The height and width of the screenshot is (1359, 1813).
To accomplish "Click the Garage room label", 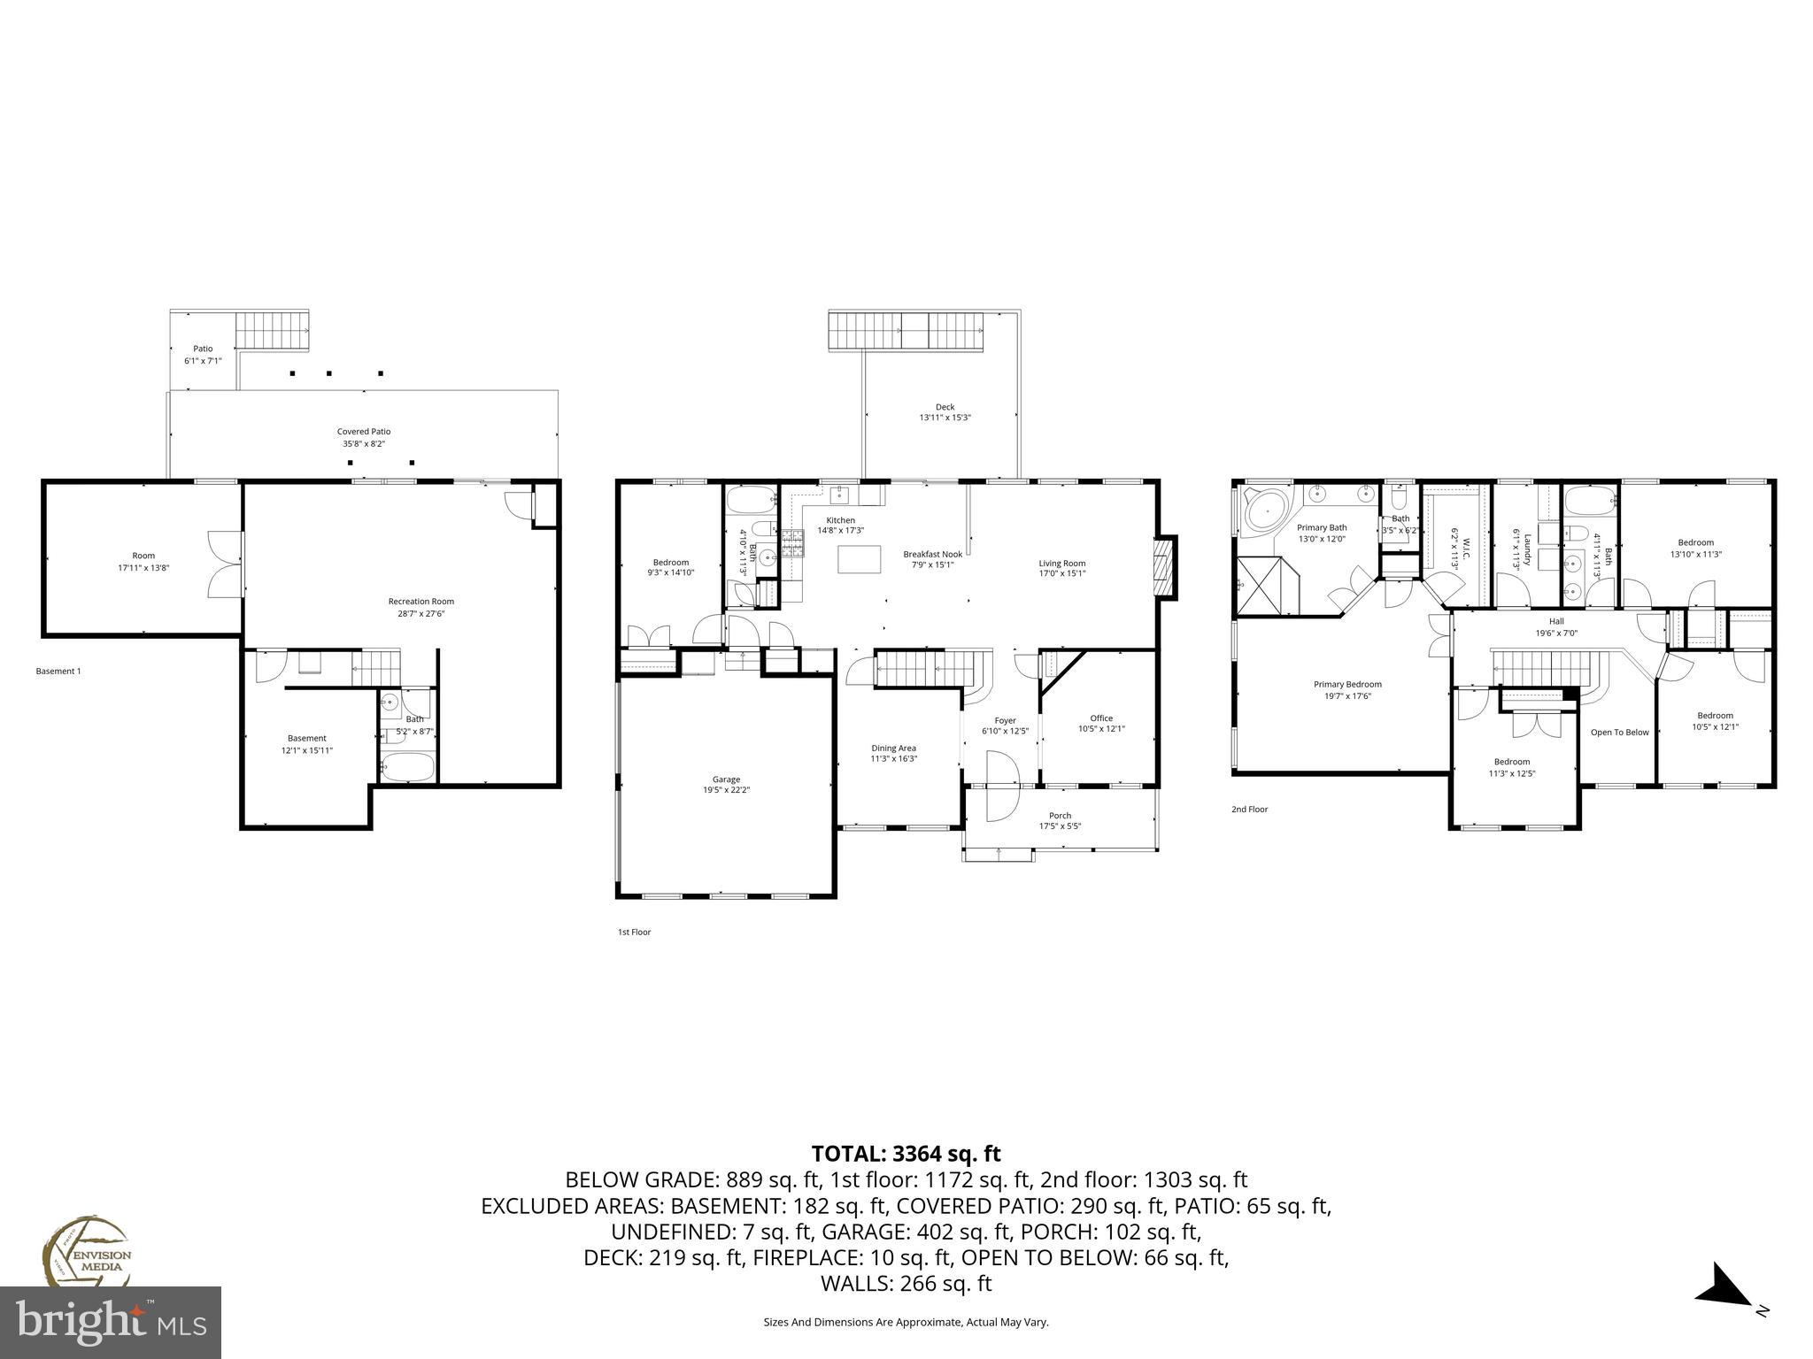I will pyautogui.click(x=726, y=779).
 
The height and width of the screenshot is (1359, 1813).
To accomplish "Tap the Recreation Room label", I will pyautogui.click(x=420, y=602).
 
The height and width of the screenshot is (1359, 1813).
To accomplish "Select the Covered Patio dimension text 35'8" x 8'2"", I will pyautogui.click(x=363, y=443).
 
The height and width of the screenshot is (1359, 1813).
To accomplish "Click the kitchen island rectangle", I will pyautogui.click(x=860, y=559).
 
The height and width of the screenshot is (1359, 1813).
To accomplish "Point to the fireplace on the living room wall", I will pyautogui.click(x=1166, y=567).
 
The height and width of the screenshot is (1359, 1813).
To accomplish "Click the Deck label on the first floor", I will pyautogui.click(x=945, y=407).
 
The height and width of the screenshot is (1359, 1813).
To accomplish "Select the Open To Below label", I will pyautogui.click(x=1619, y=733).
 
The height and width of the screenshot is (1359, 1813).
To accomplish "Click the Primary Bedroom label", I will pyautogui.click(x=1346, y=684).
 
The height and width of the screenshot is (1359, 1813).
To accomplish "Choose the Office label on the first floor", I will pyautogui.click(x=1101, y=718).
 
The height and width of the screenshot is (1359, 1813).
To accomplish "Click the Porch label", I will pyautogui.click(x=1060, y=816).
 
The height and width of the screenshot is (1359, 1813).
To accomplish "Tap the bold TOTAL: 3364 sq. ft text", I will pyautogui.click(x=906, y=1154).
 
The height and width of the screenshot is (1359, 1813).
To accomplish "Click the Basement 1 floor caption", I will pyautogui.click(x=58, y=672).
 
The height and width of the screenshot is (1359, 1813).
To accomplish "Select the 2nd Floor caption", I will pyautogui.click(x=1249, y=809).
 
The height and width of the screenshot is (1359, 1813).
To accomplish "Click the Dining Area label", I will pyautogui.click(x=893, y=748).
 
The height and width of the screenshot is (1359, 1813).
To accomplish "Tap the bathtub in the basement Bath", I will pyautogui.click(x=408, y=766).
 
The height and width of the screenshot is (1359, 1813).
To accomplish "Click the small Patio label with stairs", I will pyautogui.click(x=203, y=349).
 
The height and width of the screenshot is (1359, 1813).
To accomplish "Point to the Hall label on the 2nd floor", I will pyautogui.click(x=1556, y=621).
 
